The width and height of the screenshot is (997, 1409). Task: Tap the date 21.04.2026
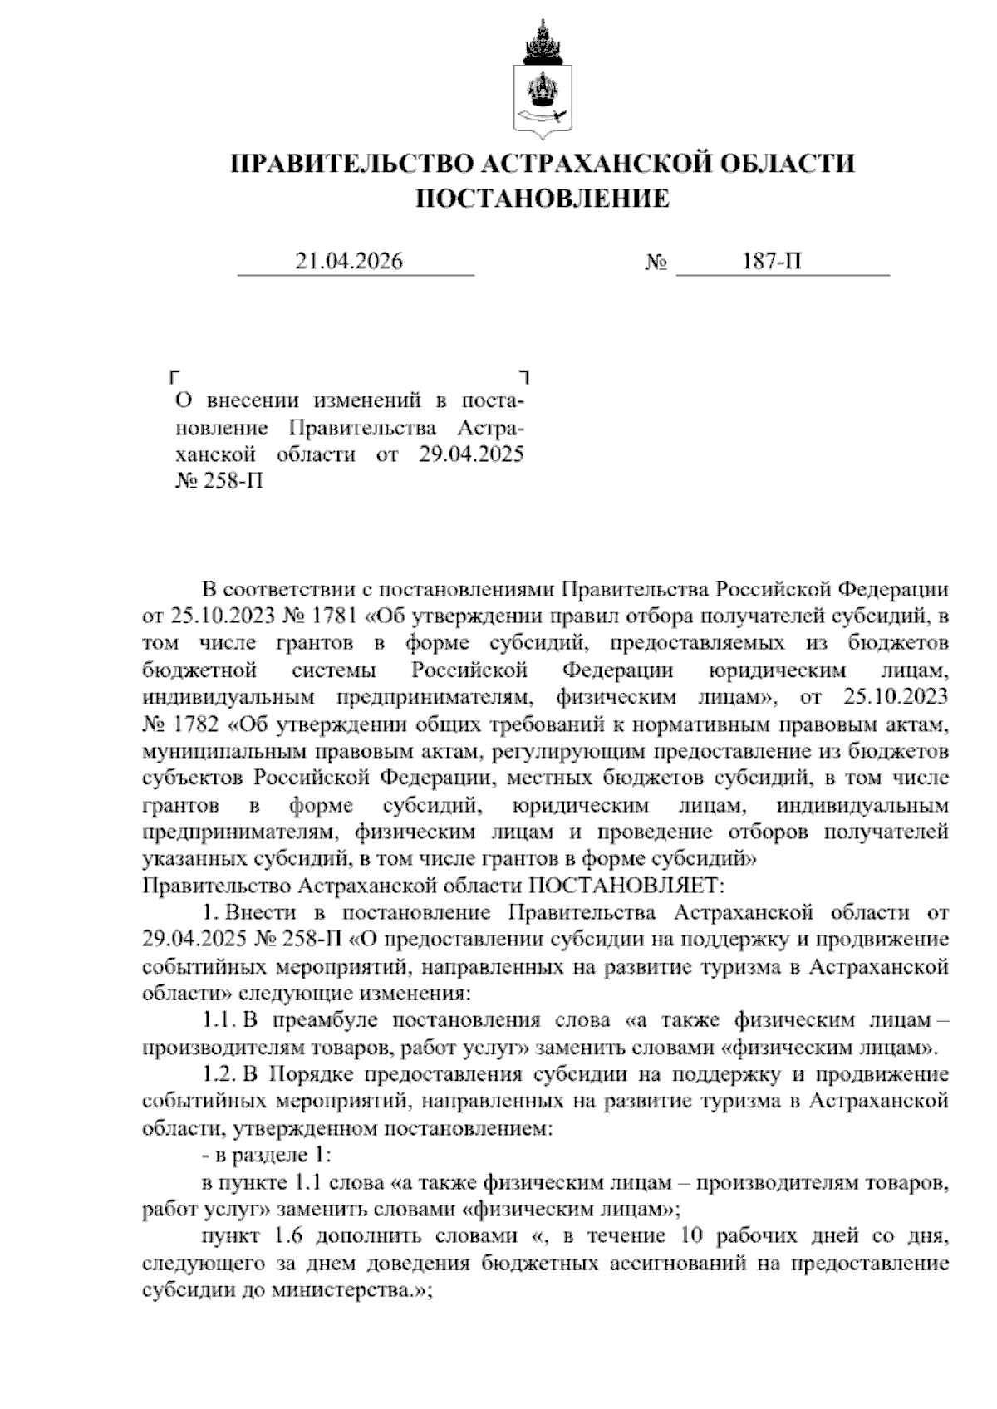(x=349, y=262)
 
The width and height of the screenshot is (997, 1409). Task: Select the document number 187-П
(x=772, y=262)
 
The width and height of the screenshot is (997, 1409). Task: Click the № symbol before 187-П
(x=656, y=263)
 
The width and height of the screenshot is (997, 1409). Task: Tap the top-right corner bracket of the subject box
(x=523, y=376)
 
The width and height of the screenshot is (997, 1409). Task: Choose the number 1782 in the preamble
(x=199, y=724)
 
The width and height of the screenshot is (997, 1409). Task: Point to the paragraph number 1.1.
(x=219, y=1020)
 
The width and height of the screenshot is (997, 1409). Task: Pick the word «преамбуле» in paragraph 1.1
(x=321, y=1020)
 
